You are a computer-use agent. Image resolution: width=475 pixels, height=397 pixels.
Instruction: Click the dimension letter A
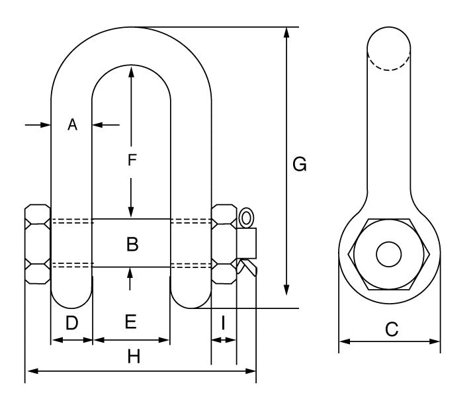(x=73, y=124)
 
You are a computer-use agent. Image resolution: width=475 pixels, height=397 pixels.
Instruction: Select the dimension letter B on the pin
(x=132, y=244)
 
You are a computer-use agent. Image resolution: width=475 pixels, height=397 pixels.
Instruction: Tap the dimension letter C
(x=392, y=329)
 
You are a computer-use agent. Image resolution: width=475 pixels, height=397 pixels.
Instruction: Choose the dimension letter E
(x=130, y=322)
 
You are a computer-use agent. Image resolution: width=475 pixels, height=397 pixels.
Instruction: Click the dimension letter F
(x=132, y=159)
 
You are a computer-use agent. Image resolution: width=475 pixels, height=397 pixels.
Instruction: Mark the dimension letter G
(x=300, y=164)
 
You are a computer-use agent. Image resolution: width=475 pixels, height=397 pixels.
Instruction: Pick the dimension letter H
(x=134, y=357)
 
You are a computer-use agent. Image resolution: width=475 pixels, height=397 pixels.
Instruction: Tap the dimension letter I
(x=224, y=323)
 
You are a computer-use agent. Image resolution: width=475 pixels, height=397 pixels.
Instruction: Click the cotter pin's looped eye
(x=247, y=217)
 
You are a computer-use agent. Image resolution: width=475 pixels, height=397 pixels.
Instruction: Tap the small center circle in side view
(x=389, y=254)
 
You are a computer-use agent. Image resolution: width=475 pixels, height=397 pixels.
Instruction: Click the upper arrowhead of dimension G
(x=286, y=33)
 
